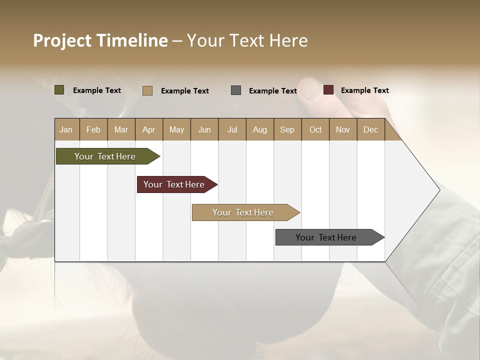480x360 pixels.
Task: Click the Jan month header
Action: click(x=66, y=129)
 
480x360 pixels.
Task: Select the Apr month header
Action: click(x=149, y=129)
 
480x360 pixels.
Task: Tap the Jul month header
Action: click(x=232, y=129)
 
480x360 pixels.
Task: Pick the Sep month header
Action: click(x=287, y=129)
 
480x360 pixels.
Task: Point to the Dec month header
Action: click(x=370, y=129)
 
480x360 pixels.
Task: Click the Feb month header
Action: click(x=93, y=129)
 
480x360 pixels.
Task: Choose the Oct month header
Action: click(x=315, y=129)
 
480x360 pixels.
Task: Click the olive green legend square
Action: click(x=59, y=90)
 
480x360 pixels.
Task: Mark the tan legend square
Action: click(x=147, y=90)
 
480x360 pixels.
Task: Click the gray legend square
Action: click(x=236, y=90)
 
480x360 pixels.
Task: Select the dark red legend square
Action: click(x=328, y=90)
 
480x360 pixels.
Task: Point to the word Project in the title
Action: click(x=62, y=40)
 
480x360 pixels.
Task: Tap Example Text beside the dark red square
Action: click(x=364, y=90)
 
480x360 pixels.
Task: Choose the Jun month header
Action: click(x=204, y=129)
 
